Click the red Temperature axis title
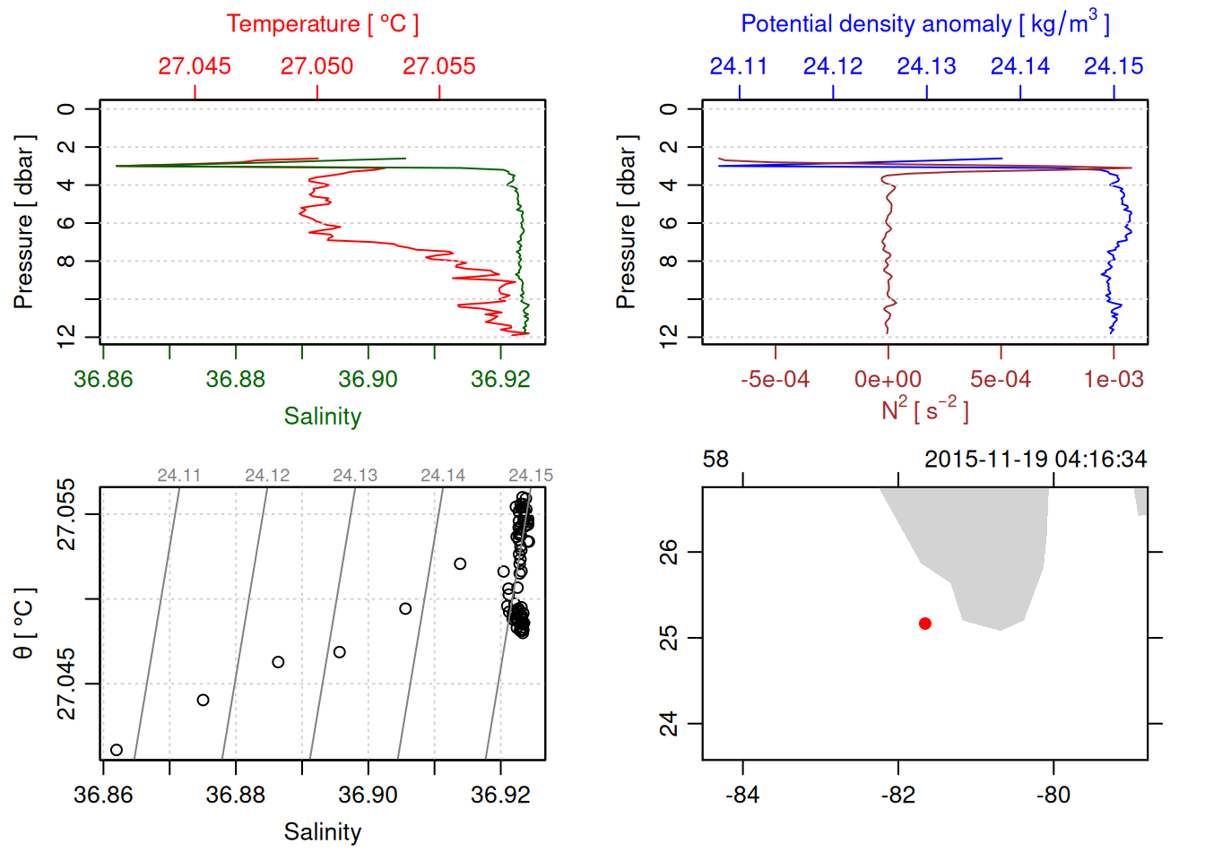point(322,24)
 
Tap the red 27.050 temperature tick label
point(316,66)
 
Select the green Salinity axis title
point(322,417)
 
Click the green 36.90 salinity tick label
point(368,379)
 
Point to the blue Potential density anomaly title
point(924,24)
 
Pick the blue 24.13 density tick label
point(926,66)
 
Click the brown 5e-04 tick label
point(1001,380)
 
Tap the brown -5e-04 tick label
point(775,380)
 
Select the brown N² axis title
point(924,410)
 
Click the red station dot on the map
point(925,623)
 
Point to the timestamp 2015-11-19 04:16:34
point(1036,460)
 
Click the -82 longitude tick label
point(897,795)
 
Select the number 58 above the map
point(715,460)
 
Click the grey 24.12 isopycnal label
point(267,476)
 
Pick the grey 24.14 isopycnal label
point(443,476)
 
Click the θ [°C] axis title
point(24,623)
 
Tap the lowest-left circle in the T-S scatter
point(117,750)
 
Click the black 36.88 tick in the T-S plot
point(235,795)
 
